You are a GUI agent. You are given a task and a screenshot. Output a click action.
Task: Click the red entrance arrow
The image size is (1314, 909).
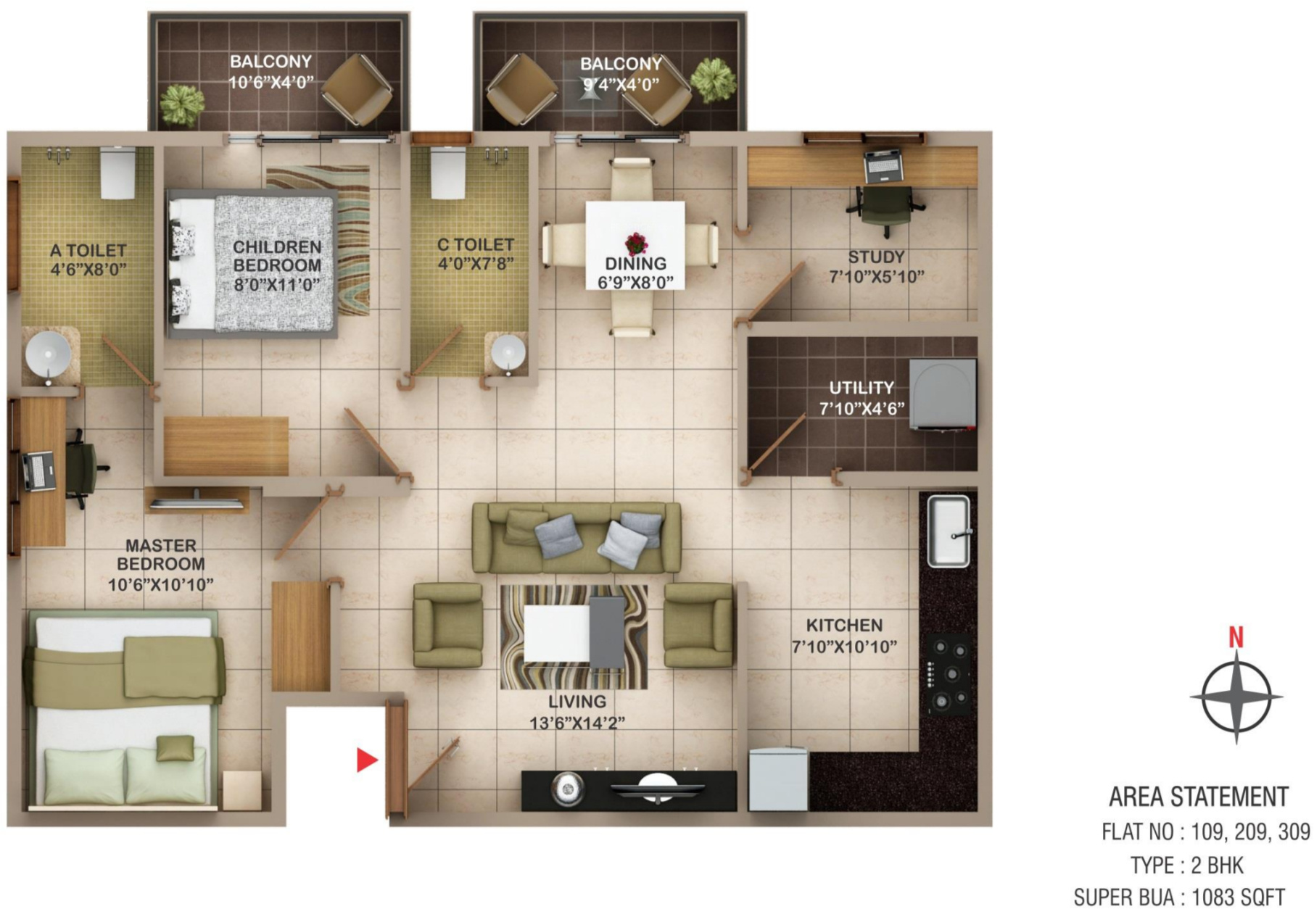366,760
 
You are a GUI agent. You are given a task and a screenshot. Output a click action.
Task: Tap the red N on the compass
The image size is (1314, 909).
1236,637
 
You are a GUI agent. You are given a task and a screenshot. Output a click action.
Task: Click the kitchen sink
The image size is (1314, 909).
949,531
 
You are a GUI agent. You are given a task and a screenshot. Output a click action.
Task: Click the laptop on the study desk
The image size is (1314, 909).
882,165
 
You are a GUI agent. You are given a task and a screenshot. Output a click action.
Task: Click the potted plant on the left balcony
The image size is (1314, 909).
182,104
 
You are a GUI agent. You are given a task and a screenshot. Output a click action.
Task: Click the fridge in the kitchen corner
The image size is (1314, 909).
778,779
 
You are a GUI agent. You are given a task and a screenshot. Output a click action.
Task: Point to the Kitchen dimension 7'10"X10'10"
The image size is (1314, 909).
844,646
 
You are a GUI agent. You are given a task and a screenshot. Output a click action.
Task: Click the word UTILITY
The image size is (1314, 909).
861,388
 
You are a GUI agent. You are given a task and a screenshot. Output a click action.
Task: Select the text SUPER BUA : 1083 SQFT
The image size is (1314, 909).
1179,897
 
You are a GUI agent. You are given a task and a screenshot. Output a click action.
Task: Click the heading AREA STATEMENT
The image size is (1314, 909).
1199,797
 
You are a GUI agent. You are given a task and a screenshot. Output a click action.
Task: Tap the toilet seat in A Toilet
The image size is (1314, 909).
117,173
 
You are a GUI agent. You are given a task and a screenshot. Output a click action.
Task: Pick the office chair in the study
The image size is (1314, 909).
886,208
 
